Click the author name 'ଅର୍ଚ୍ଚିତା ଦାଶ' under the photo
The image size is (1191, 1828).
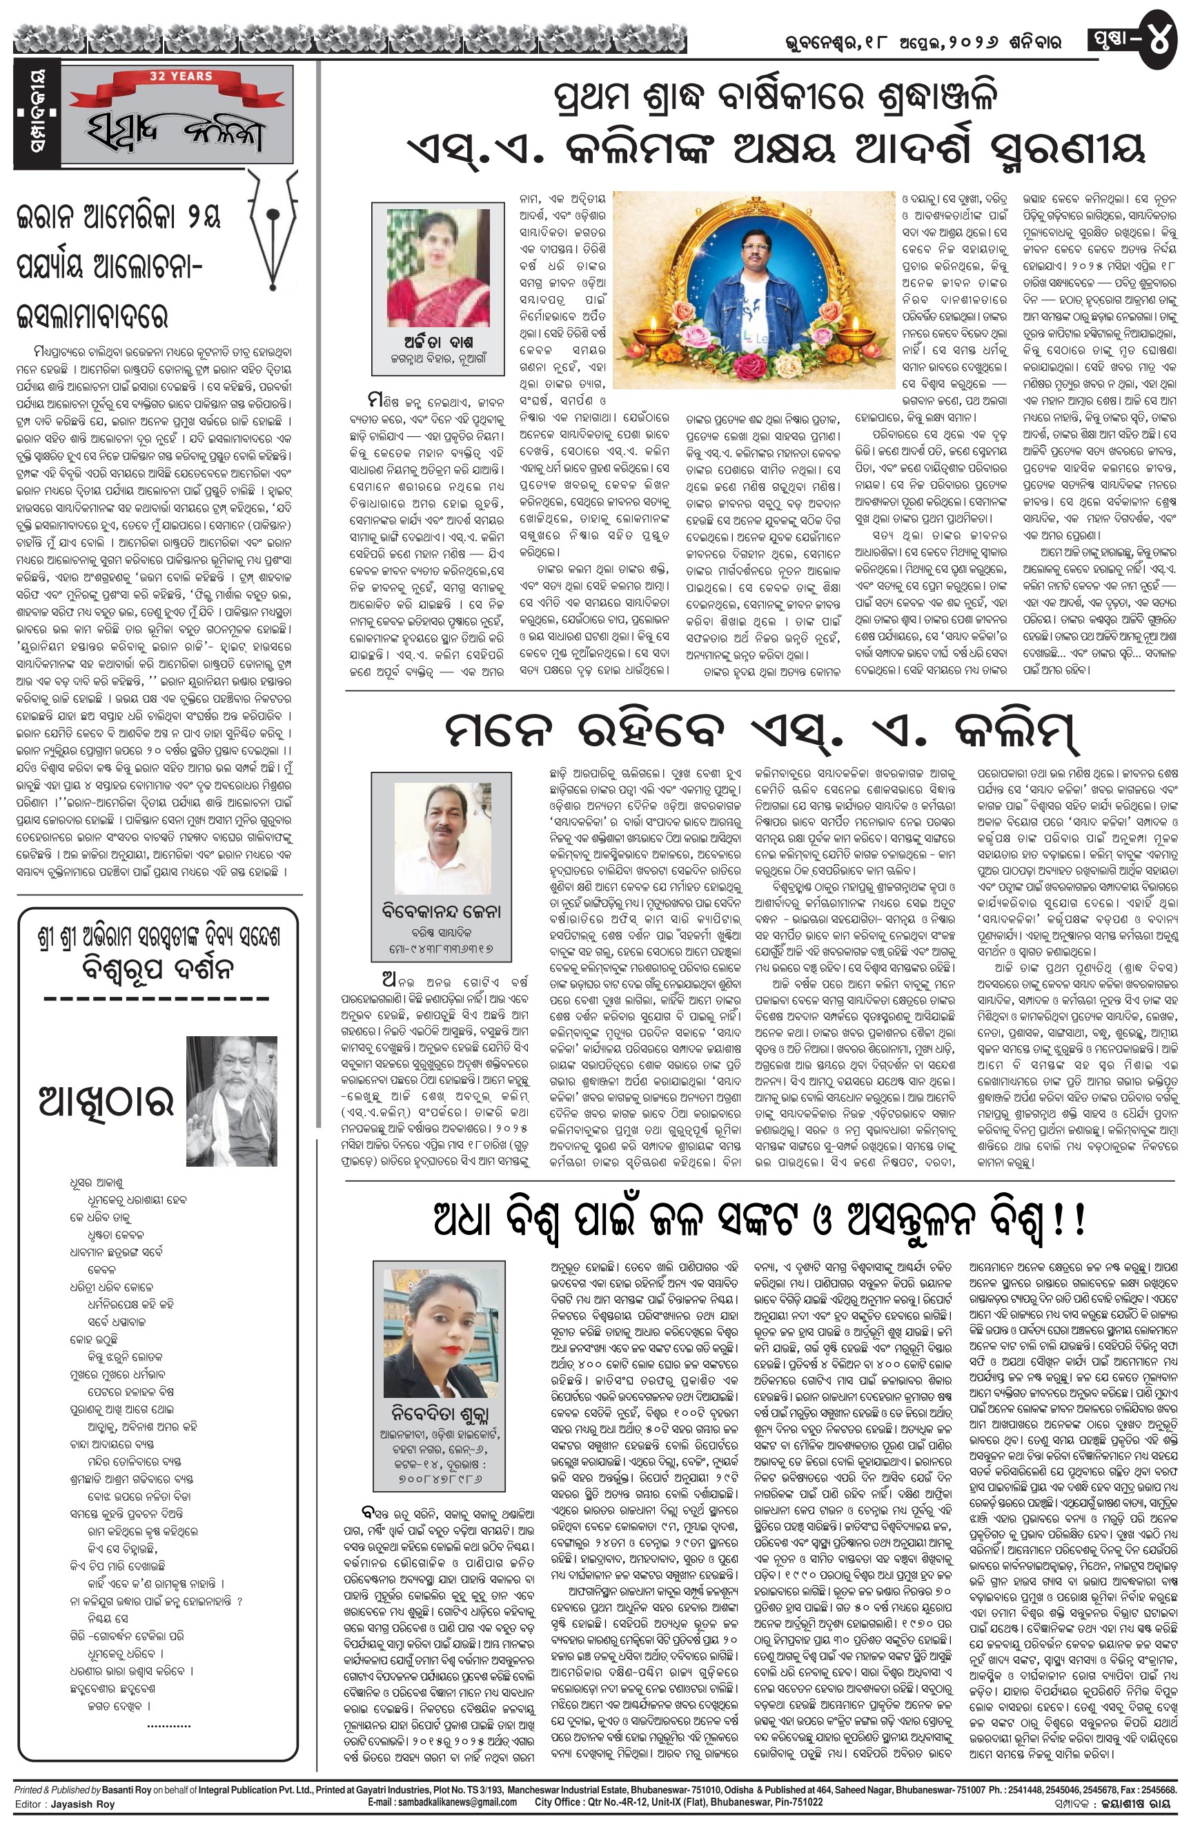(x=437, y=341)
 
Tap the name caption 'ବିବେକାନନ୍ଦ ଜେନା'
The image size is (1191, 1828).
(x=441, y=912)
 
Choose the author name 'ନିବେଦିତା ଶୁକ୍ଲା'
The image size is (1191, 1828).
(x=440, y=1414)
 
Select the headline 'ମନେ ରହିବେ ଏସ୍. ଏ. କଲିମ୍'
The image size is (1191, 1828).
(x=761, y=731)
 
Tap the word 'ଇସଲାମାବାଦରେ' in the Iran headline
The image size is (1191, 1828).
(x=92, y=315)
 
